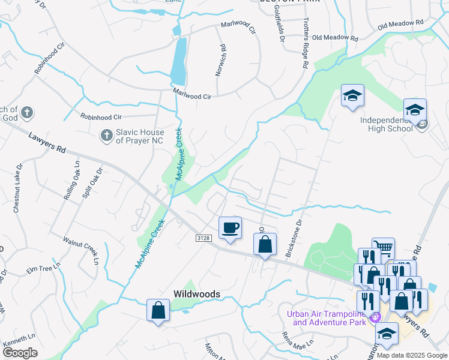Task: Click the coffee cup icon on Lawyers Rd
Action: pyautogui.click(x=231, y=227)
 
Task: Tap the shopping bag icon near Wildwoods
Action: pyautogui.click(x=158, y=311)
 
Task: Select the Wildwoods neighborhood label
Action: pyautogui.click(x=196, y=294)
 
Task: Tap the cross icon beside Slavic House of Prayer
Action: pyautogui.click(x=106, y=136)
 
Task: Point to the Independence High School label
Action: pyautogui.click(x=387, y=124)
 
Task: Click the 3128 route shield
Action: pyautogui.click(x=203, y=238)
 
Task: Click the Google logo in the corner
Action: pyautogui.click(x=20, y=353)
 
